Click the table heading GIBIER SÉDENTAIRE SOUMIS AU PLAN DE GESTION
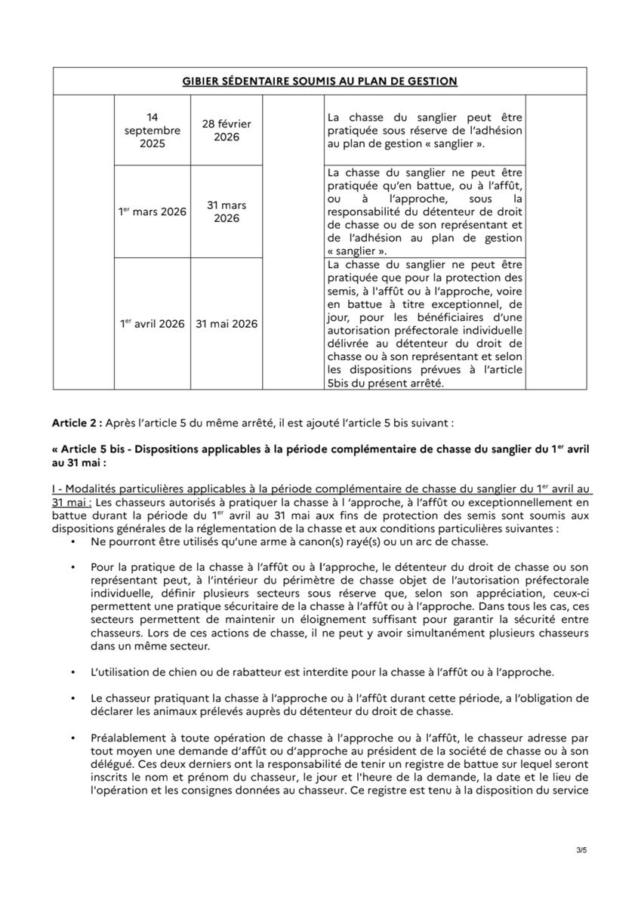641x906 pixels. coord(319,81)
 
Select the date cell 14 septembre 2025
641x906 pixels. coord(153,130)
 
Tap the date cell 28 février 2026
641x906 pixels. coord(227,130)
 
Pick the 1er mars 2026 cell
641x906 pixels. coord(153,212)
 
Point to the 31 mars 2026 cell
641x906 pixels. coord(227,212)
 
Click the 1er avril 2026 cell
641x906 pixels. coord(153,324)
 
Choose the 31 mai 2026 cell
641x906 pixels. coord(227,324)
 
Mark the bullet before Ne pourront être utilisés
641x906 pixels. coord(72,542)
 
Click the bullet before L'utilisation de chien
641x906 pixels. coord(72,672)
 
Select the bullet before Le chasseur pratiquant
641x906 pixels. coord(72,698)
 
